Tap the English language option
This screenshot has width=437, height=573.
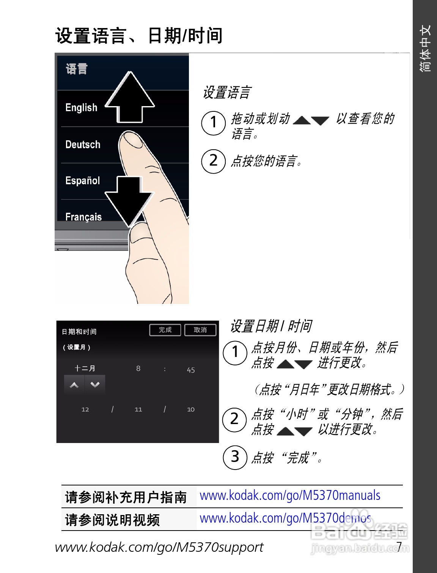[x=81, y=108]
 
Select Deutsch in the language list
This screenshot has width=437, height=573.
[x=83, y=144]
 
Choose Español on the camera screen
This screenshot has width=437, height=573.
[x=82, y=181]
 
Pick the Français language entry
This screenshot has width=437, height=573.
[x=83, y=217]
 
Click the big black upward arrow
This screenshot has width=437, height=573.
[x=130, y=99]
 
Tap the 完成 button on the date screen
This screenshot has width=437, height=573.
[x=165, y=330]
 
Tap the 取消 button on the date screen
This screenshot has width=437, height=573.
[x=200, y=330]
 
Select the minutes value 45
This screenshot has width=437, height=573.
[x=191, y=370]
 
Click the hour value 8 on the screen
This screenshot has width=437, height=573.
[x=138, y=368]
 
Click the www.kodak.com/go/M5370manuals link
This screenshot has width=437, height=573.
[x=290, y=495]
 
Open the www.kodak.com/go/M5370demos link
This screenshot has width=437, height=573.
[x=285, y=518]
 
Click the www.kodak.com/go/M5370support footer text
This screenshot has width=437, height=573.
[x=159, y=547]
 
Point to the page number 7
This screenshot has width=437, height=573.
[x=399, y=546]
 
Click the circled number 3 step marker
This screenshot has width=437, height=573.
[x=235, y=457]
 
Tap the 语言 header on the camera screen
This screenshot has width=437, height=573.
[x=77, y=69]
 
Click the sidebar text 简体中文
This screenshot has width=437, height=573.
[x=425, y=48]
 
